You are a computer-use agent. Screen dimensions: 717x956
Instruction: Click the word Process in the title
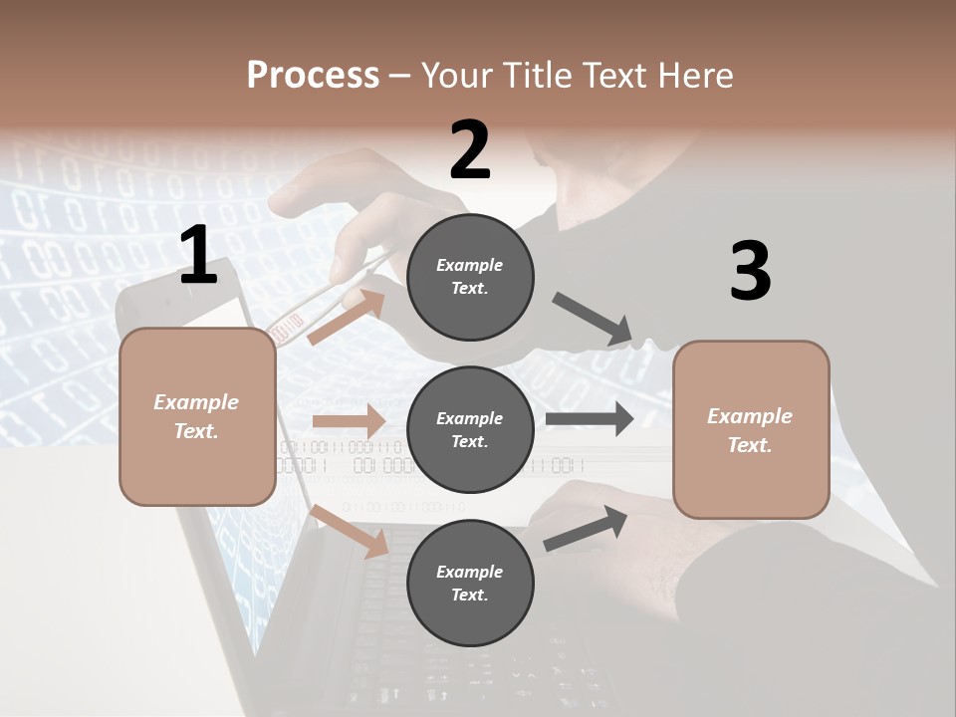[x=313, y=75]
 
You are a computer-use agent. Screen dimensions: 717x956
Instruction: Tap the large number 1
[x=198, y=256]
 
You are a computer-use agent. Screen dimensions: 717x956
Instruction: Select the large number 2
[x=470, y=150]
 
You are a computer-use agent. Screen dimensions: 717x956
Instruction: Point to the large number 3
[x=750, y=271]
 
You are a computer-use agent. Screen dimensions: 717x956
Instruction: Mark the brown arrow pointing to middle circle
[x=348, y=420]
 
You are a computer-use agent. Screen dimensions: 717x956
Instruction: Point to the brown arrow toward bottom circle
[x=350, y=531]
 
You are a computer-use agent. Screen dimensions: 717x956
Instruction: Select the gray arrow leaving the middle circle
[x=589, y=418]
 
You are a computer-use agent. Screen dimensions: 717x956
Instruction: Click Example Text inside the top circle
[x=470, y=277]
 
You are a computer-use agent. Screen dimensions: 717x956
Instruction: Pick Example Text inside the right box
[x=750, y=430]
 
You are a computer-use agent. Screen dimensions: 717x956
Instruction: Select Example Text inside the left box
[x=196, y=416]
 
